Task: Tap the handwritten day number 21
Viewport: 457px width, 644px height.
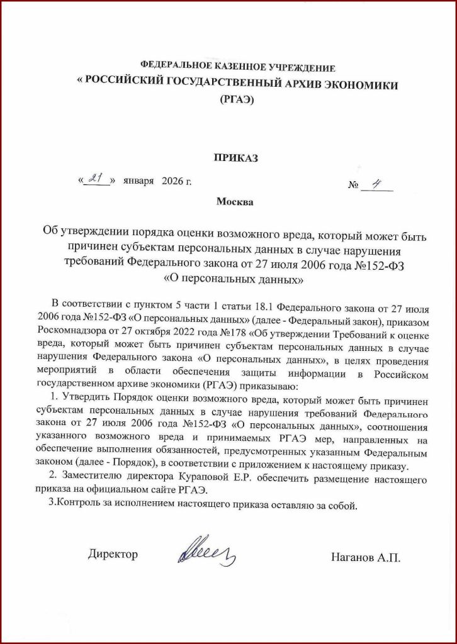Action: point(96,180)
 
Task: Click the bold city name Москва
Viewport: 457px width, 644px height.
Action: point(235,202)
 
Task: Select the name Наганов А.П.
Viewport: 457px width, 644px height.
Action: point(365,557)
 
